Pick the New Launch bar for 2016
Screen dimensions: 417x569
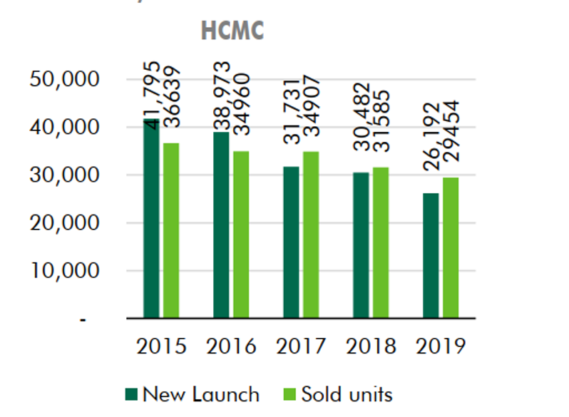tap(220, 225)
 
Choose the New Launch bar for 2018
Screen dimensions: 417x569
tap(360, 245)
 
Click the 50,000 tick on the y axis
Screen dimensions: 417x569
tap(64, 79)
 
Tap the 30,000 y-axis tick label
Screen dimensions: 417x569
tap(64, 175)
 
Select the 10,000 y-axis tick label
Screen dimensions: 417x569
tap(64, 271)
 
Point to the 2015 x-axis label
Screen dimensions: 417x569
tap(160, 346)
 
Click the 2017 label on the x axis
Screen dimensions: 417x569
tap(300, 346)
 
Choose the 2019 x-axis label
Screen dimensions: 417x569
tap(440, 346)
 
